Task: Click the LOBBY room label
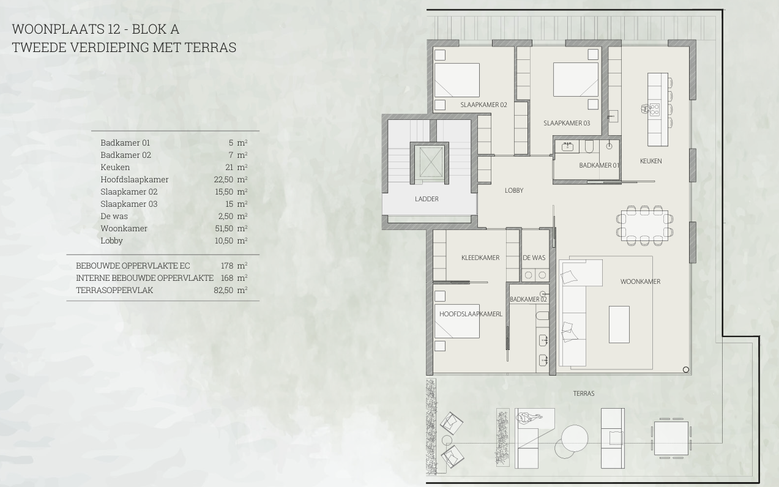(x=514, y=190)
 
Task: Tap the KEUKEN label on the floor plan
(x=650, y=161)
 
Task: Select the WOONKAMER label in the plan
(x=640, y=281)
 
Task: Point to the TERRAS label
(x=584, y=393)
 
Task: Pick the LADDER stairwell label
(x=427, y=199)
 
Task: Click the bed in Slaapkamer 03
(x=576, y=80)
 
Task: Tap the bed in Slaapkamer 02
(x=457, y=80)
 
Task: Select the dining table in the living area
(x=644, y=225)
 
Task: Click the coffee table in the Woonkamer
(x=619, y=324)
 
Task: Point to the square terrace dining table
(x=671, y=438)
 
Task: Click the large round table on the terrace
(x=575, y=438)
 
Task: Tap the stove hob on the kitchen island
(x=655, y=109)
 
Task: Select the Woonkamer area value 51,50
(x=224, y=228)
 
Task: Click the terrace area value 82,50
(x=223, y=290)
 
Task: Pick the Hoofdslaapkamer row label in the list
(x=134, y=180)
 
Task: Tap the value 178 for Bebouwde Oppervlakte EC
(x=227, y=266)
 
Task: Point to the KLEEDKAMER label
(x=480, y=258)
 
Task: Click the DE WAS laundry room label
(x=534, y=258)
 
